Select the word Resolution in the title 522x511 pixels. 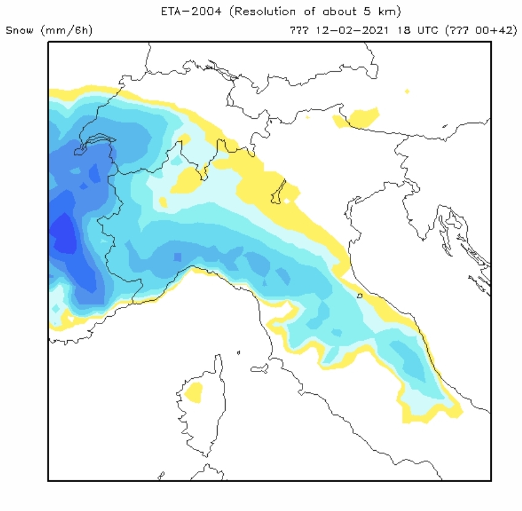[x=264, y=12]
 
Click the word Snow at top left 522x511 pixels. [x=19, y=30]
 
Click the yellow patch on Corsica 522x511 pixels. [x=194, y=391]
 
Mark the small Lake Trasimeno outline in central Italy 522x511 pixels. [x=360, y=296]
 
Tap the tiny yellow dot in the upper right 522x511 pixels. [x=407, y=92]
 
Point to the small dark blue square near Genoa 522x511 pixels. [x=178, y=256]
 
